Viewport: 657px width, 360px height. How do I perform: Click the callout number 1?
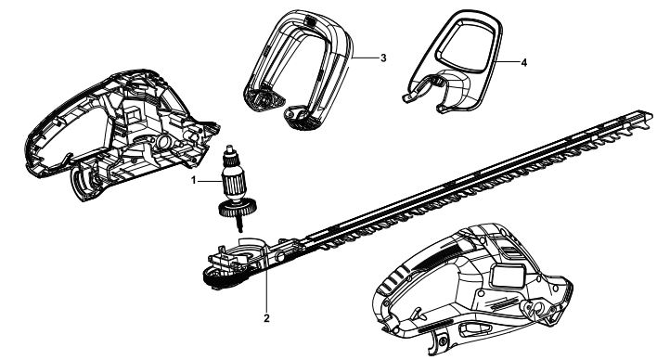194,181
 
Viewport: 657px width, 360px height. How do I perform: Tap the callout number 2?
266,318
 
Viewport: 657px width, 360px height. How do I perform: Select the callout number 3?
383,58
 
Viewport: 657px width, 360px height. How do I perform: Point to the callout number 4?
523,62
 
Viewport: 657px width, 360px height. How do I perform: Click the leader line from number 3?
365,58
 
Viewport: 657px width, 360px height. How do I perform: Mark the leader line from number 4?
506,62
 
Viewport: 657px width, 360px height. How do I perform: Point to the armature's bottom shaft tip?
241,230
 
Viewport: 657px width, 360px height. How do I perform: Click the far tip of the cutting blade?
650,115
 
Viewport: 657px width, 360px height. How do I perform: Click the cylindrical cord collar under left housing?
84,183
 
